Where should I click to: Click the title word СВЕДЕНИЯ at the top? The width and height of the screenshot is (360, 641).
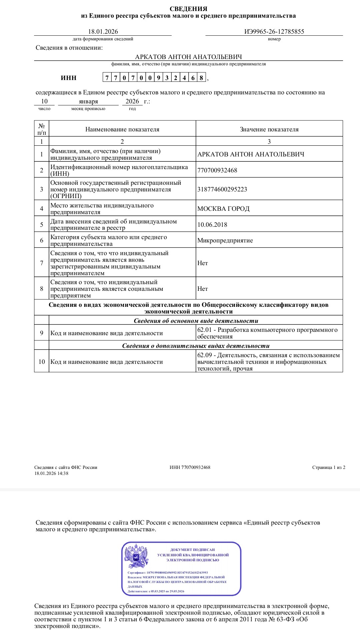pos(188,9)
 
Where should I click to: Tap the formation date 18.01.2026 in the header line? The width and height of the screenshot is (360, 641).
pos(103,32)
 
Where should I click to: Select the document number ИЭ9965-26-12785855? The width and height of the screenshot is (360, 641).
pos(274,32)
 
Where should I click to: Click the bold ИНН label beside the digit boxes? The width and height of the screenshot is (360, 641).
pos(69,78)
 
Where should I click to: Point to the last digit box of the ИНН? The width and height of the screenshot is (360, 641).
pos(201,78)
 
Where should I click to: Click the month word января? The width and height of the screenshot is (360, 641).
pos(88,101)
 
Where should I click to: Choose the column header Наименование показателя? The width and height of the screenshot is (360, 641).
pos(122,129)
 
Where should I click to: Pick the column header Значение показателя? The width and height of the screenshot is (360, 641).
pos(269,129)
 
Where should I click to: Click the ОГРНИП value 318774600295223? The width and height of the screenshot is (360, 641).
pos(222,189)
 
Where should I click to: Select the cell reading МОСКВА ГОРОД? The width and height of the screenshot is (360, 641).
pos(223,209)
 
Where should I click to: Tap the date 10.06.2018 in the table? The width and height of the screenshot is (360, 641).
pos(212,225)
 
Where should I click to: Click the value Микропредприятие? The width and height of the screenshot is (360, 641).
pos(225,240)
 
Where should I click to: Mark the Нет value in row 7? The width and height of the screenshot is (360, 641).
pos(202,263)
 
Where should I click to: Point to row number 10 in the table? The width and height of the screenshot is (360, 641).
pos(42,362)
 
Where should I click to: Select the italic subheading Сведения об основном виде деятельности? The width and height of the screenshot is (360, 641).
pos(196,321)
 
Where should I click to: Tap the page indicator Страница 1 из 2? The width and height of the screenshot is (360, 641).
pos(329,467)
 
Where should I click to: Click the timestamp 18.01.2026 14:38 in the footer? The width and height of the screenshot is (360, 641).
pos(51,473)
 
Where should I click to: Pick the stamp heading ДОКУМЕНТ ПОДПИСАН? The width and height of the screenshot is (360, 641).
pos(193,550)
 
